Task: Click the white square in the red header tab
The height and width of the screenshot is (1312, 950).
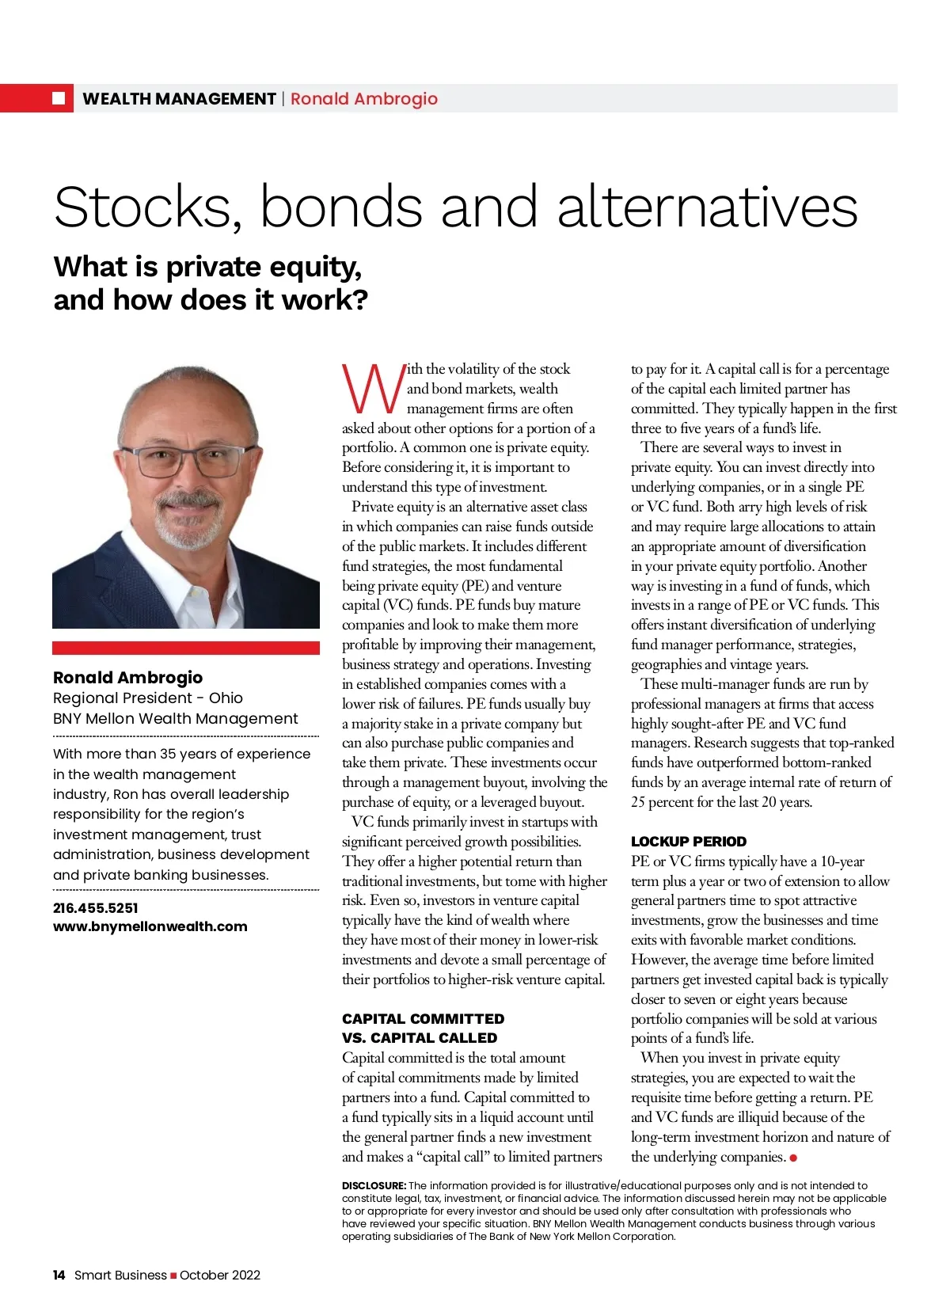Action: click(59, 98)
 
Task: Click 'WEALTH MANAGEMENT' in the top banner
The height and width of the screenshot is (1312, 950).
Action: click(179, 99)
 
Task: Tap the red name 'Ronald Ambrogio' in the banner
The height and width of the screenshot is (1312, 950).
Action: click(363, 99)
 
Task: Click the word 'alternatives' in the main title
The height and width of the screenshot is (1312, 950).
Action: click(707, 207)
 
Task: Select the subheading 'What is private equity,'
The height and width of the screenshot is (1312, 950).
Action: click(207, 267)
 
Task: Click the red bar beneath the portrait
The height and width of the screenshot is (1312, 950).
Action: click(186, 647)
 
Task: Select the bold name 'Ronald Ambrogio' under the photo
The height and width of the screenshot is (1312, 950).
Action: click(127, 677)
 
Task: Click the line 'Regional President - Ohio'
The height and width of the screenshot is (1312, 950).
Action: click(148, 698)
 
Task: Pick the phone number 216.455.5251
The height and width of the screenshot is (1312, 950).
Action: click(95, 907)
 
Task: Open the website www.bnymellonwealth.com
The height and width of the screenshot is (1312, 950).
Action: click(150, 926)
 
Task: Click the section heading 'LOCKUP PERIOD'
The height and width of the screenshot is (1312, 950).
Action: click(688, 841)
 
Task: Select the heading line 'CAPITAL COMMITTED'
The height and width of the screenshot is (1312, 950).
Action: click(423, 1018)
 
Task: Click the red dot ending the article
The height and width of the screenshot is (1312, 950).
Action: click(793, 1158)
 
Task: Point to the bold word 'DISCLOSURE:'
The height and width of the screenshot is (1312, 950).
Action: click(374, 1185)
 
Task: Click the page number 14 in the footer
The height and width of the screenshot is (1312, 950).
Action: click(59, 1275)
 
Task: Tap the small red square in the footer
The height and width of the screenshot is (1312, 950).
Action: click(173, 1276)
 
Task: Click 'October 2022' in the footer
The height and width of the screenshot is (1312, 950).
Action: click(220, 1275)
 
